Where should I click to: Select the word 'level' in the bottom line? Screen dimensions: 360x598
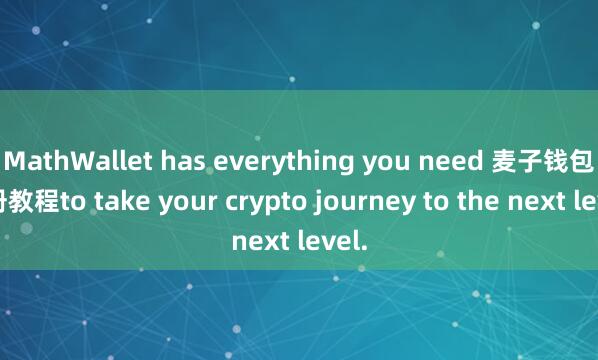pos(333,241)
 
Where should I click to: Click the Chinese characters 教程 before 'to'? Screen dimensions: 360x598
pos(39,200)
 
